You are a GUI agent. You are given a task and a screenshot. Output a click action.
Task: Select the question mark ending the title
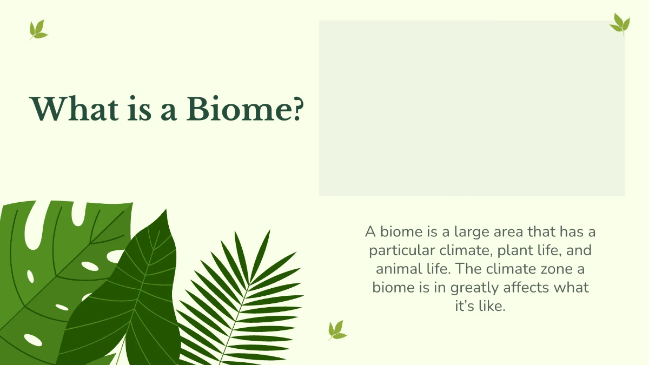[295, 109]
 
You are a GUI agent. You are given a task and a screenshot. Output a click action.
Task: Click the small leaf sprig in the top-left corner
[38, 30]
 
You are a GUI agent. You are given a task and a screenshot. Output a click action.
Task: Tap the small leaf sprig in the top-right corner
[620, 24]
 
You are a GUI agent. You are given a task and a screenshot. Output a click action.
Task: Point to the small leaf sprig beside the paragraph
[337, 330]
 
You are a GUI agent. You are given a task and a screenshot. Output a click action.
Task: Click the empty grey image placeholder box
[472, 108]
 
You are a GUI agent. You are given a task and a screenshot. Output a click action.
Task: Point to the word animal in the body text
[394, 269]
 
